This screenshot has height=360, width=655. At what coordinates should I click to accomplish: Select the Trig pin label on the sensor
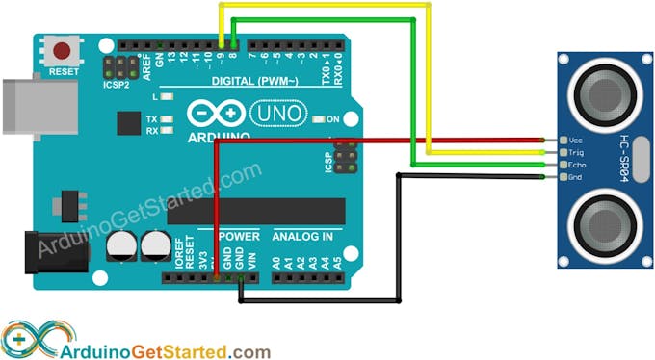575,153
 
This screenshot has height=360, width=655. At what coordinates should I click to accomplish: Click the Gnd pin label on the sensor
575,177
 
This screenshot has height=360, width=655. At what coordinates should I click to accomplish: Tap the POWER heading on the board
238,236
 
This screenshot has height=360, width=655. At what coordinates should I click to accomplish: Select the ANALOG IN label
302,236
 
